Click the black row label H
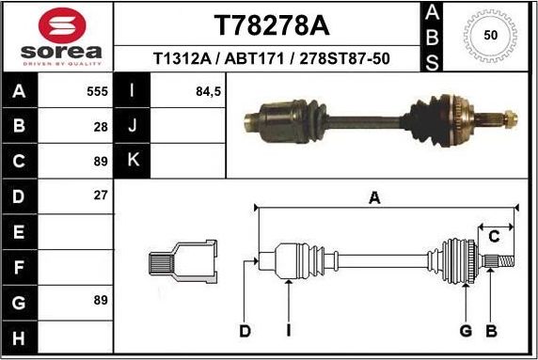pyautogui.click(x=20, y=335)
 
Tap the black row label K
pyautogui.click(x=132, y=161)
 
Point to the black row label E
pyautogui.click(x=20, y=230)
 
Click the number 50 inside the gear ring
pyautogui.click(x=490, y=35)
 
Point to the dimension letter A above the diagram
pyautogui.click(x=373, y=197)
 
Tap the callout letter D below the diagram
pyautogui.click(x=245, y=330)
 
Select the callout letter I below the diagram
pyautogui.click(x=288, y=330)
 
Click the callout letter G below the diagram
pyautogui.click(x=465, y=330)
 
